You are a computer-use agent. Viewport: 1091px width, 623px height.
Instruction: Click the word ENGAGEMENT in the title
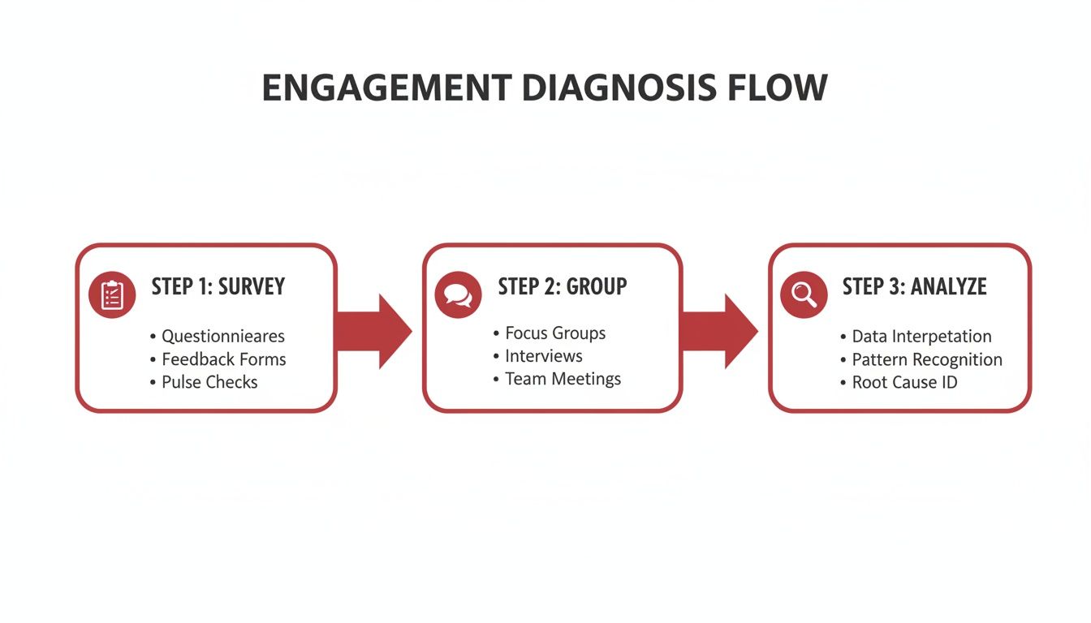coord(386,88)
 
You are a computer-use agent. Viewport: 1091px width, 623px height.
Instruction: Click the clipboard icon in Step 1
coord(112,295)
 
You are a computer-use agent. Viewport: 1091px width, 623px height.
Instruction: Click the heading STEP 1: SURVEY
coord(218,286)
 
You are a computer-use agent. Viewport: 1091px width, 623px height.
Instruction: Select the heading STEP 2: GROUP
coord(563,286)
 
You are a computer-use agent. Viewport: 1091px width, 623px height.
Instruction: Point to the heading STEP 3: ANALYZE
coord(914,286)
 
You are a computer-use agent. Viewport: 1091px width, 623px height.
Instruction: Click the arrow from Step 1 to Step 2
coord(374,331)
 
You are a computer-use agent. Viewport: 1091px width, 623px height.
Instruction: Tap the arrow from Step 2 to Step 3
coord(719,331)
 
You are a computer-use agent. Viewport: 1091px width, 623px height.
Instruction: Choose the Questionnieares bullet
coord(223,336)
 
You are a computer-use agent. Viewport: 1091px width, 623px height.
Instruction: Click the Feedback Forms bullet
coord(223,359)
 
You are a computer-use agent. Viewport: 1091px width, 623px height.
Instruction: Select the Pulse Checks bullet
coord(209,382)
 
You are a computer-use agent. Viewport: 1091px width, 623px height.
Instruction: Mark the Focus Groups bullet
coord(555,333)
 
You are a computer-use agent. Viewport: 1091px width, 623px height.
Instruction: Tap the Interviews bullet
coord(543,355)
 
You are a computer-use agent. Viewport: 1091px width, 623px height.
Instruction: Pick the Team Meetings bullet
coord(563,379)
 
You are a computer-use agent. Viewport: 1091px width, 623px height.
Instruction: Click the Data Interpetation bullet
coord(921,336)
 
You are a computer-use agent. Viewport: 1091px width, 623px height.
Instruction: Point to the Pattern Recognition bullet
coord(927,359)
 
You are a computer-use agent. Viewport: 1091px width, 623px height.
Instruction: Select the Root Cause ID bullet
coord(904,382)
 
